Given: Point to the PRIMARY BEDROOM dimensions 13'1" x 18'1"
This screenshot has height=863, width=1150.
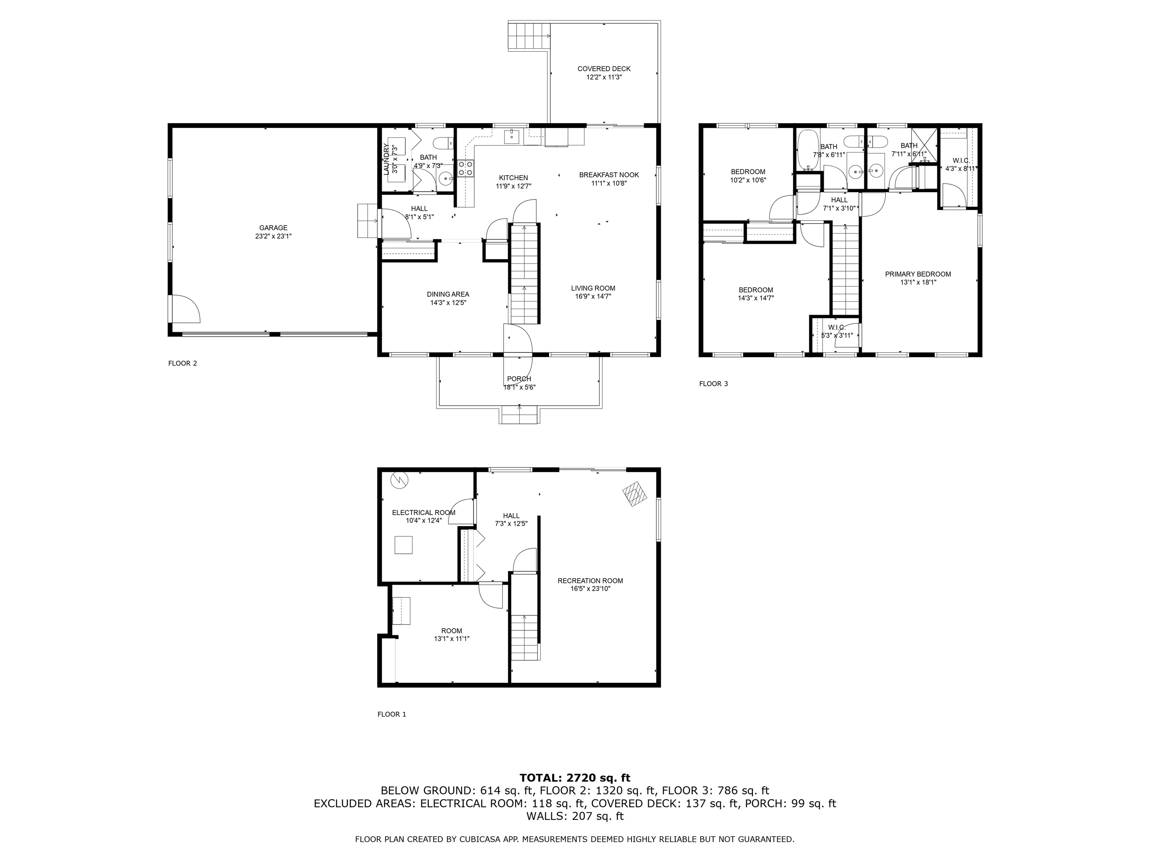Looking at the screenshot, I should (918, 282).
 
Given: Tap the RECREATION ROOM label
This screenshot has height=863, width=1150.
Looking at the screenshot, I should (590, 581).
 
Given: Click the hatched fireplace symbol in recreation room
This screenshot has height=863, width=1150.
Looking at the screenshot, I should (635, 494).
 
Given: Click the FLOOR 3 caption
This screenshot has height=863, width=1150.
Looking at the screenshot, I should (713, 384).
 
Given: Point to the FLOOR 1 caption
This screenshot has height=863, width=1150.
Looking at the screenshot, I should (392, 714).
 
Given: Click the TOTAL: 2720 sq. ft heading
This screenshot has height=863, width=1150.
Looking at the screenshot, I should (575, 778).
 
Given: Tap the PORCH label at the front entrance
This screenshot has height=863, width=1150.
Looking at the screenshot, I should (519, 379).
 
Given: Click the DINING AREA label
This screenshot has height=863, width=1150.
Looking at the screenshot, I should (448, 294).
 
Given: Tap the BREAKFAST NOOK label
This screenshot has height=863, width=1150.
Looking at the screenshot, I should (609, 175).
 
